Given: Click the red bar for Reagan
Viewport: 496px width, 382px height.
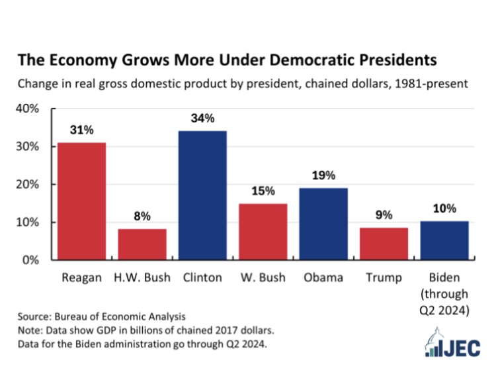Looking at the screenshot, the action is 81,201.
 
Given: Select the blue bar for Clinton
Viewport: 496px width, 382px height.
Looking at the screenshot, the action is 202,195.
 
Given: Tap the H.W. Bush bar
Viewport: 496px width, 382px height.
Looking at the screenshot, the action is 142,244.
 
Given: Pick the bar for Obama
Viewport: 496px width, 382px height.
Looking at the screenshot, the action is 323,224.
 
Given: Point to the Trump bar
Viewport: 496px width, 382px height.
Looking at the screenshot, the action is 384,244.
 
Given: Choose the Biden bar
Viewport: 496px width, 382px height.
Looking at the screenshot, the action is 444,241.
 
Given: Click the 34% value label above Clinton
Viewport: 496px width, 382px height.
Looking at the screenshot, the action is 202,118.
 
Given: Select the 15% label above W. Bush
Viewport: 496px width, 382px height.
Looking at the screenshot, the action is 263,191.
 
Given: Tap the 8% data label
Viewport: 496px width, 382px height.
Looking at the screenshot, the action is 142,216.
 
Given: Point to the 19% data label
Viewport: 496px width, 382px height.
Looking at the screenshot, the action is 323,175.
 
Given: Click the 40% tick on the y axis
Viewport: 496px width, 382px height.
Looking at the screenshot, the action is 28,109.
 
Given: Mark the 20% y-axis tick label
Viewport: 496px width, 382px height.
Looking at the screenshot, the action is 28,184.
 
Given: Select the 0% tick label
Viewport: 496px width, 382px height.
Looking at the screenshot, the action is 30,260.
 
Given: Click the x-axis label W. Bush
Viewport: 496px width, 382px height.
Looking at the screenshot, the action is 263,277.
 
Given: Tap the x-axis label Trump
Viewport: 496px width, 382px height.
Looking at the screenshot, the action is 384,278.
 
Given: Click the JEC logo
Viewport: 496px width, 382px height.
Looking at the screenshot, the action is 452,343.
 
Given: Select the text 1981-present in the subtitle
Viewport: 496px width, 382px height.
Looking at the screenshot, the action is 431,83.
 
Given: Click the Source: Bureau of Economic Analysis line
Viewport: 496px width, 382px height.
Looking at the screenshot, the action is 102,316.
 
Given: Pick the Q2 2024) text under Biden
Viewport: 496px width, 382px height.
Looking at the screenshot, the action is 444,310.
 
